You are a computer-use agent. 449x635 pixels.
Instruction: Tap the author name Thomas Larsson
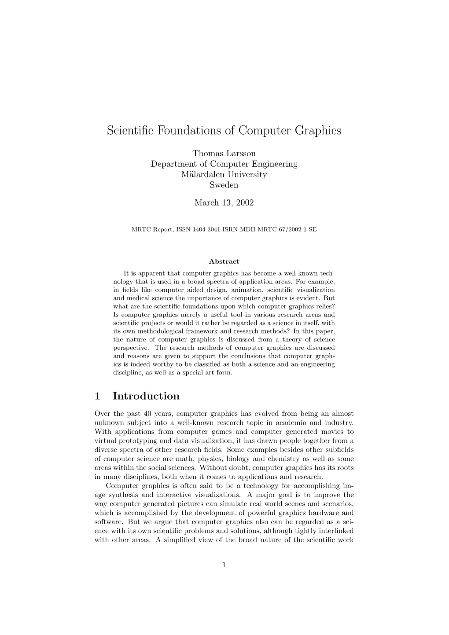click(224, 153)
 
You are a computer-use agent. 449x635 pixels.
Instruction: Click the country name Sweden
click(224, 185)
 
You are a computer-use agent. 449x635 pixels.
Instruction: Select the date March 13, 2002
click(224, 202)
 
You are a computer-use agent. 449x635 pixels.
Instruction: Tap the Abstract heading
click(224, 261)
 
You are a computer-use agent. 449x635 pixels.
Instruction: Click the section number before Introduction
click(97, 396)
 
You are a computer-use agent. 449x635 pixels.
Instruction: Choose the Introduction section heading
click(146, 396)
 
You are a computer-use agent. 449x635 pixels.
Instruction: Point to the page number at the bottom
click(224, 565)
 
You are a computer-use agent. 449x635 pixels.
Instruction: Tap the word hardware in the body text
click(326, 513)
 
